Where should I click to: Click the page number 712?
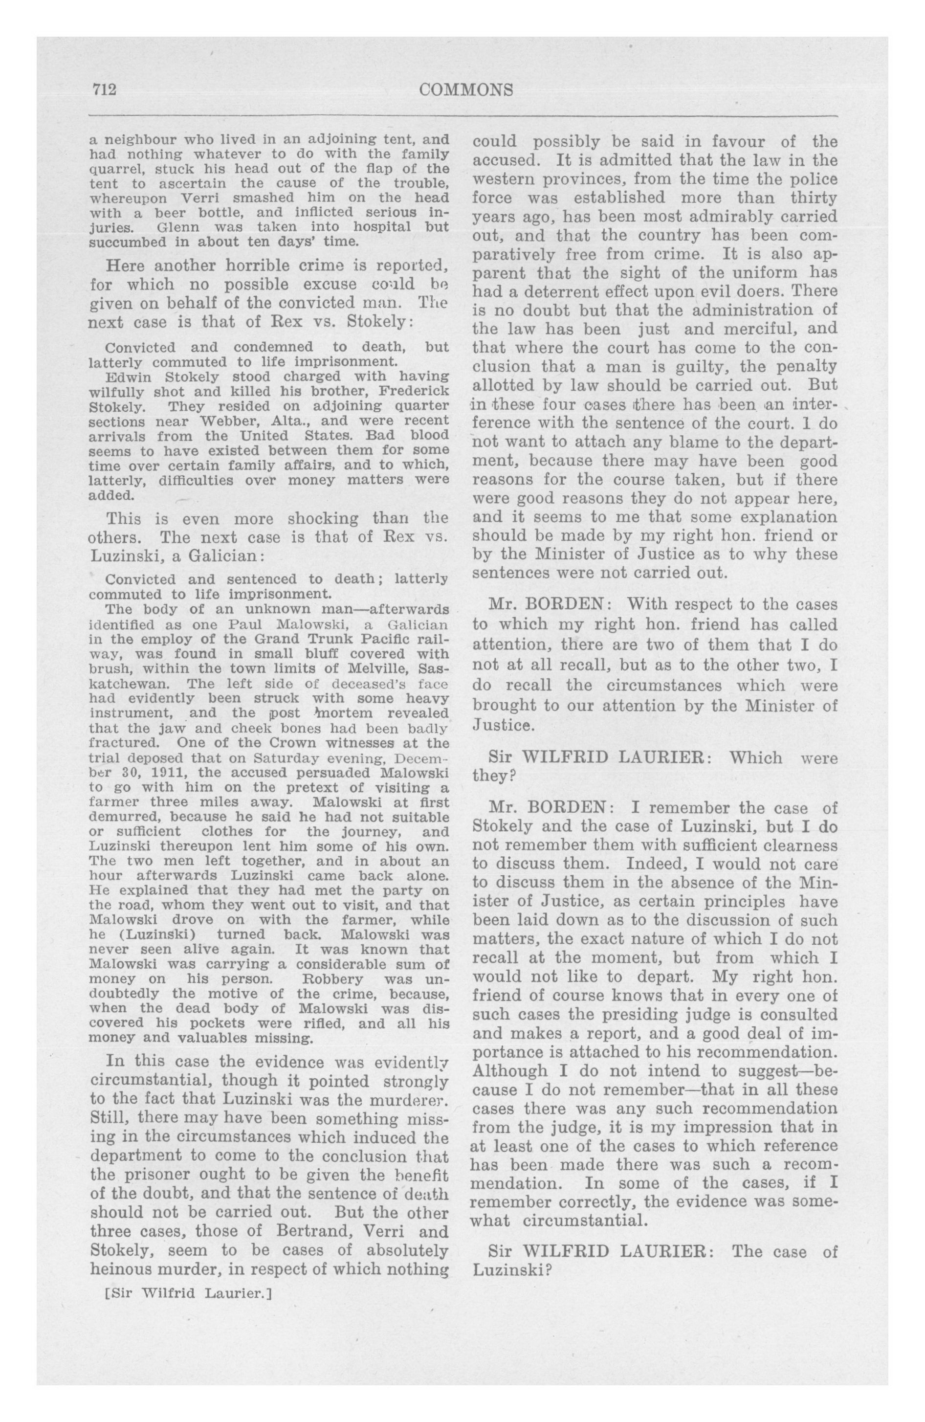tap(103, 90)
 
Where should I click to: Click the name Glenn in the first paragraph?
tap(177, 227)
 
